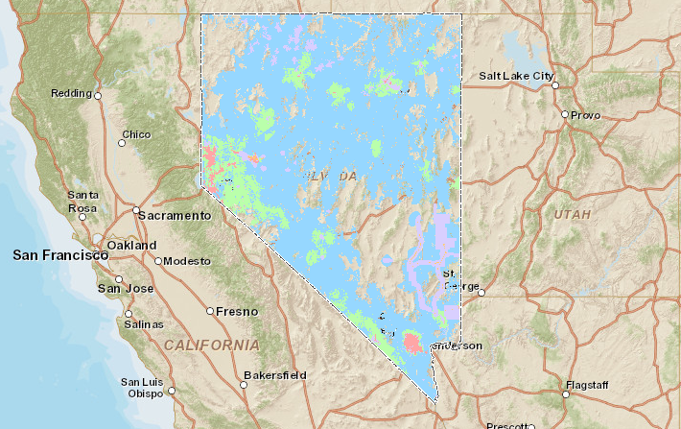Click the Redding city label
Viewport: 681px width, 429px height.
[x=72, y=93]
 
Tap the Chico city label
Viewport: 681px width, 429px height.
[x=137, y=133]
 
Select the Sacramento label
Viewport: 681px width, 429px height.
[x=176, y=216]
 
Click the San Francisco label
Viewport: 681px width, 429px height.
[x=59, y=255]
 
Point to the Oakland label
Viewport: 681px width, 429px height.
[x=131, y=245]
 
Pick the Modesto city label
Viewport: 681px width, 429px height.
[x=186, y=261]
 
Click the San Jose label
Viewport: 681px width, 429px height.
[x=126, y=288]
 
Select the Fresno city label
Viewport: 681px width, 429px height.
[x=237, y=311]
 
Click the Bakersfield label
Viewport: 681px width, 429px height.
[x=274, y=373]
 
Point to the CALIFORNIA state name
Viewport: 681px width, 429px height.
[x=211, y=344]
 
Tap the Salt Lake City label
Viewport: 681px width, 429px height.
[x=517, y=76]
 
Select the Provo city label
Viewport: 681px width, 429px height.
[x=585, y=115]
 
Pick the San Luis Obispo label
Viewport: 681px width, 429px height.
[x=143, y=388]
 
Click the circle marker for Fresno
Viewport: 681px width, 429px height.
[x=210, y=311]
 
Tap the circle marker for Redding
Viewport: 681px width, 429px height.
[x=98, y=95]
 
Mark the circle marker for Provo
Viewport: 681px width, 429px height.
[x=564, y=115]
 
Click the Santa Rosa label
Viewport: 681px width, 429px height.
[x=82, y=201]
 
